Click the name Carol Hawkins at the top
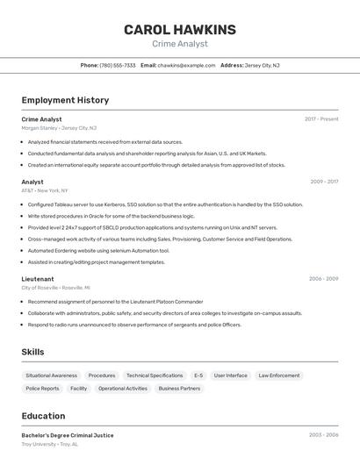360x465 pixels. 180,30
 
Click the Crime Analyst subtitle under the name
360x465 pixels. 180,44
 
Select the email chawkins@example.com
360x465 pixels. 186,66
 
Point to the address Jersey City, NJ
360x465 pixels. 262,66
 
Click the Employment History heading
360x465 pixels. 65,100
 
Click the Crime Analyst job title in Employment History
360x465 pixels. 41,119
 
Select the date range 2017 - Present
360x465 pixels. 321,119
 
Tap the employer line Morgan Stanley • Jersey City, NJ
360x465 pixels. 59,128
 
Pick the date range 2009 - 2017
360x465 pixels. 324,182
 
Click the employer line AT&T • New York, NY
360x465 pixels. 44,190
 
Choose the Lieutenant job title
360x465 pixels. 37,279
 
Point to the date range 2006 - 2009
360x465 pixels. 323,279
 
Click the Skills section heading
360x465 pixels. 33,352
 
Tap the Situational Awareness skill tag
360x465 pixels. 51,376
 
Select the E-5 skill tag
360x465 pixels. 198,376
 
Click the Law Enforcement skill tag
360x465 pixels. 278,376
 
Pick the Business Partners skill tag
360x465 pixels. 179,388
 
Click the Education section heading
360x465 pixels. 43,416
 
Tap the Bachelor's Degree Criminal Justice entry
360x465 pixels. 68,435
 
